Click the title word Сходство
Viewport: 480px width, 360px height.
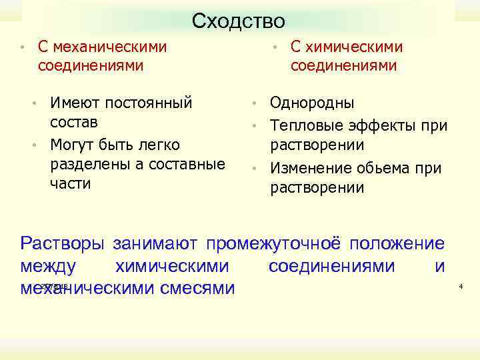(x=238, y=21)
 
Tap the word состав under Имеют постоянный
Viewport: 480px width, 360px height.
(x=74, y=123)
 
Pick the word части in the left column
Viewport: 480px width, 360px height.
(x=70, y=184)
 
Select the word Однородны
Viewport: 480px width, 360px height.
(x=312, y=103)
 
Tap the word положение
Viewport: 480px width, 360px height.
(x=399, y=243)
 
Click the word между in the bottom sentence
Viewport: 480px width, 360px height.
(x=48, y=266)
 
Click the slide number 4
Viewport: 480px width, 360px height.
(x=461, y=286)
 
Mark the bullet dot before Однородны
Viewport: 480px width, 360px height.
(x=255, y=104)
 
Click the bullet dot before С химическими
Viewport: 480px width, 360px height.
(x=275, y=47)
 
